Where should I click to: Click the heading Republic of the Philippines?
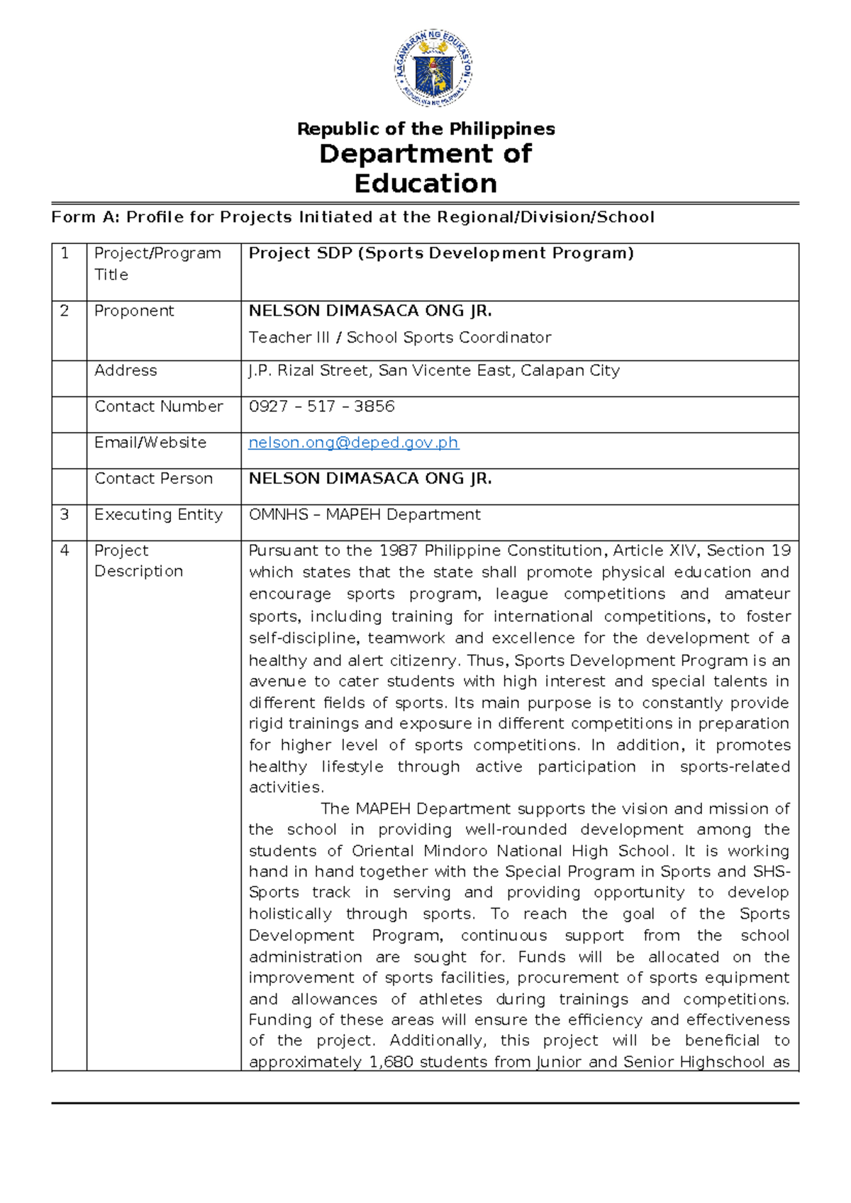pyautogui.click(x=425, y=129)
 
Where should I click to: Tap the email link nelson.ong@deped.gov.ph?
pyautogui.click(x=353, y=443)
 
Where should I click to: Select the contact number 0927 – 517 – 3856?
pyautogui.click(x=321, y=406)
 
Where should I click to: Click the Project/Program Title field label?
pyautogui.click(x=157, y=263)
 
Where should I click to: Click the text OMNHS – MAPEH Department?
pyautogui.click(x=365, y=514)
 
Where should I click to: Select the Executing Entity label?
pyautogui.click(x=158, y=514)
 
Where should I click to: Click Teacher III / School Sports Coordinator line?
pyautogui.click(x=399, y=338)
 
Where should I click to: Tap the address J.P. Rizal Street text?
pyautogui.click(x=433, y=370)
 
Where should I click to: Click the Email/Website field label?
pyautogui.click(x=150, y=443)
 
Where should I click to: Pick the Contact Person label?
pyautogui.click(x=153, y=479)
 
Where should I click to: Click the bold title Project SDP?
pyautogui.click(x=440, y=253)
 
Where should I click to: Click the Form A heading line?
pyautogui.click(x=352, y=217)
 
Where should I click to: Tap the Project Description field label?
pyautogui.click(x=138, y=560)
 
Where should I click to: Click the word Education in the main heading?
pyautogui.click(x=425, y=184)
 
